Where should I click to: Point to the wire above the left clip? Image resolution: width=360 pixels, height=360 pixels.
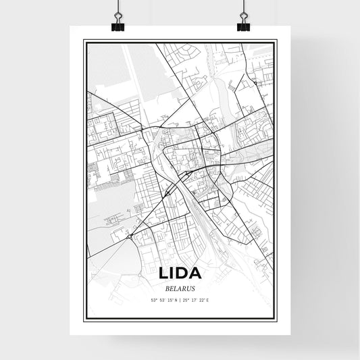click(x=118, y=8)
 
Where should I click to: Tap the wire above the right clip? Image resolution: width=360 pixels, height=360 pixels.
click(x=243, y=8)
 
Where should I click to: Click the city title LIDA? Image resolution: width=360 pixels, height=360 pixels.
click(x=180, y=274)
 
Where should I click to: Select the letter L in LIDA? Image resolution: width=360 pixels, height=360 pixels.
click(x=164, y=274)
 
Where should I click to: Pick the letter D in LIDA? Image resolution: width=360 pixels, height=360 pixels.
click(x=183, y=274)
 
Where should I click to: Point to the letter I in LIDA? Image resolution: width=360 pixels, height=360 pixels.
click(x=173, y=274)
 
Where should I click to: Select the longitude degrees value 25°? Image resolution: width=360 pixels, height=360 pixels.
click(x=186, y=299)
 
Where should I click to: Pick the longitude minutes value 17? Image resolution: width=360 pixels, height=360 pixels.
click(x=195, y=299)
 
